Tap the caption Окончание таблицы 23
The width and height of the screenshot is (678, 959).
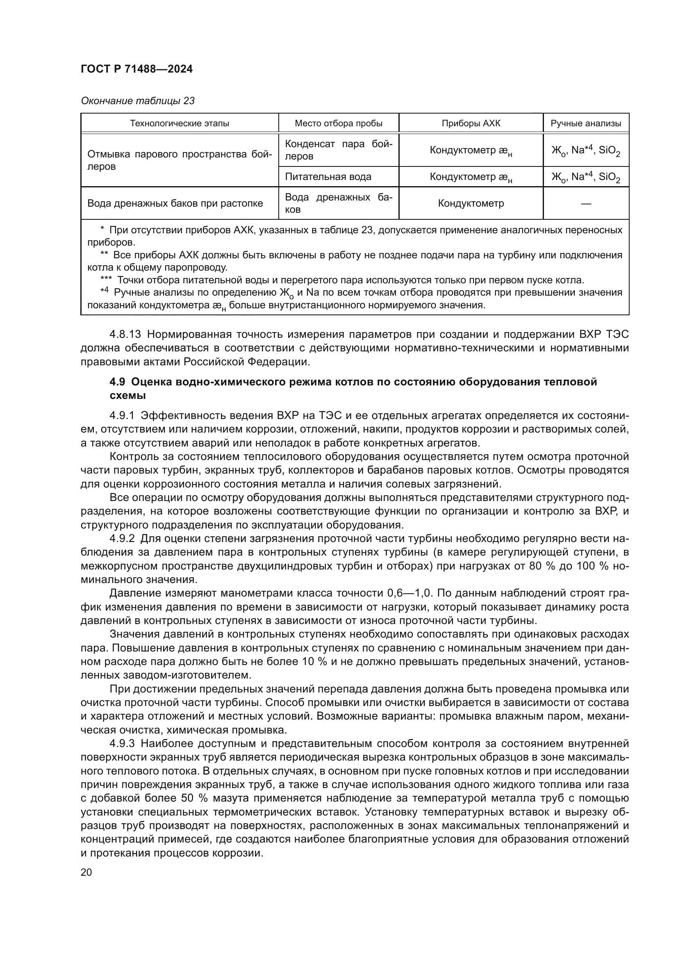137,101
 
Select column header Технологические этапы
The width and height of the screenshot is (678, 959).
180,123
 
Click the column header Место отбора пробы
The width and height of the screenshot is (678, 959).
339,123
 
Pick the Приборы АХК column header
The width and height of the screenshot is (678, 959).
471,123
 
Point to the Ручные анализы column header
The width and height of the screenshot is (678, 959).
586,123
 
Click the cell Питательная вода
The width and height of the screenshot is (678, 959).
328,177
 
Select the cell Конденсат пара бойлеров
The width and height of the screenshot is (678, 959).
338,150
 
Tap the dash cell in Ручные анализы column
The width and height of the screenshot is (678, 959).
586,203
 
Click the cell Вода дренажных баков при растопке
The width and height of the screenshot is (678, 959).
175,203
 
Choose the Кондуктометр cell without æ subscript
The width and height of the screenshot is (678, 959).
471,203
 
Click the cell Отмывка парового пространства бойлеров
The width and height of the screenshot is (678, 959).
180,160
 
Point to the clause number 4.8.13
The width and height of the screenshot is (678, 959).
125,335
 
